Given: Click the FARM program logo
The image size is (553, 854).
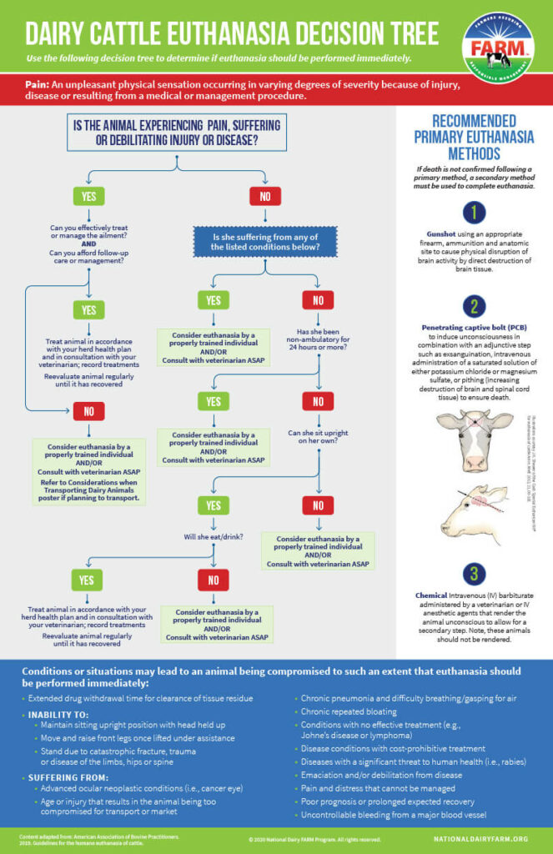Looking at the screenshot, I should pyautogui.click(x=498, y=48).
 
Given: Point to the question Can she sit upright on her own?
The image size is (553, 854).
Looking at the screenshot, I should pyautogui.click(x=319, y=439).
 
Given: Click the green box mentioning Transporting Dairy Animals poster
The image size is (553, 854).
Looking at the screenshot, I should pyautogui.click(x=89, y=472).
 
